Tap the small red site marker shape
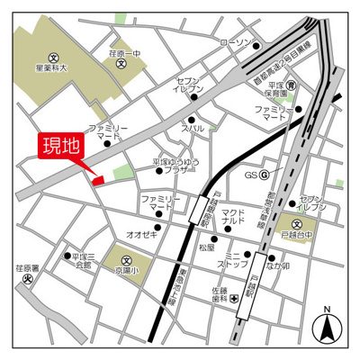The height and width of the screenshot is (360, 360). click(x=98, y=180)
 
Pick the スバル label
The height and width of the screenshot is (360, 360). click(x=193, y=129)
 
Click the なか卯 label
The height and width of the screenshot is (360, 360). click(x=278, y=267)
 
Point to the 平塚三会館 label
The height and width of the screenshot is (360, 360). click(x=83, y=261)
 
